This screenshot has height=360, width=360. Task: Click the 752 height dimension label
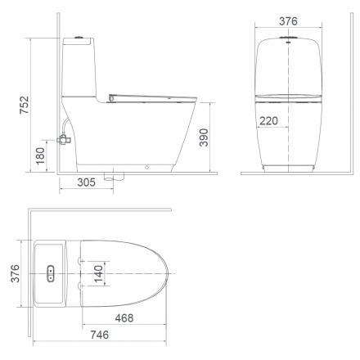pos(24,105)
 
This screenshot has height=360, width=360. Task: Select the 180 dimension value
pos(40,156)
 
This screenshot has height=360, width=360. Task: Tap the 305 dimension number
pos(86,182)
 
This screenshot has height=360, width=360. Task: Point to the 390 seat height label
pos(204,137)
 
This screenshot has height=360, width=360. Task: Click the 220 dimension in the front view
pos(268,120)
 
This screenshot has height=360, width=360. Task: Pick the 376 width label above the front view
pos(288,21)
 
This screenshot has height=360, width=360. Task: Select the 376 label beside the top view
pos(15,273)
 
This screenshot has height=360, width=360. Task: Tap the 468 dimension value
pos(124,318)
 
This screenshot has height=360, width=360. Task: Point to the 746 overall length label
pos(100,335)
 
